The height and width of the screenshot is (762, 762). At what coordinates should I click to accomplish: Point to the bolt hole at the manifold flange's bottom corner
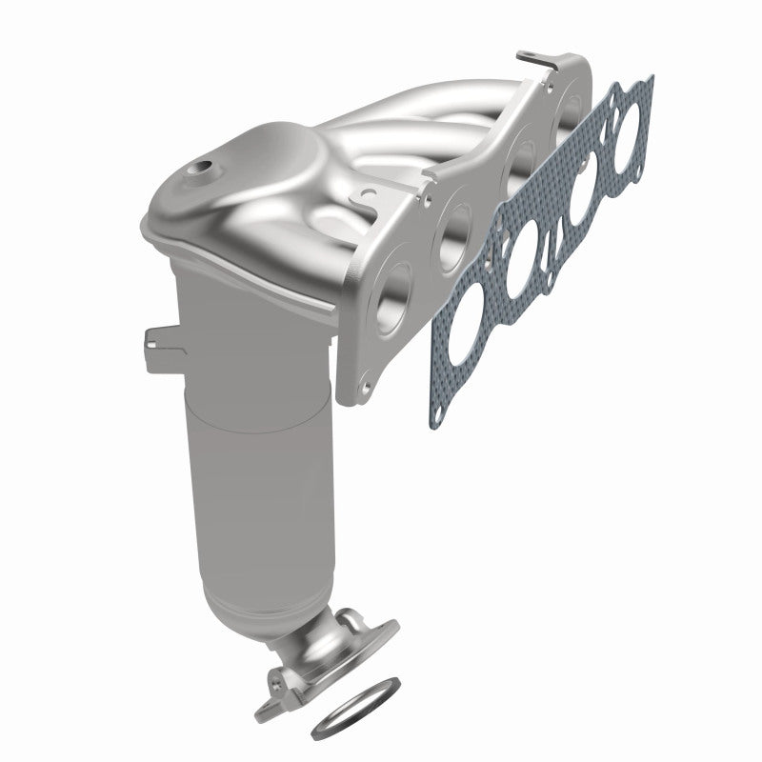[x=365, y=390]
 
